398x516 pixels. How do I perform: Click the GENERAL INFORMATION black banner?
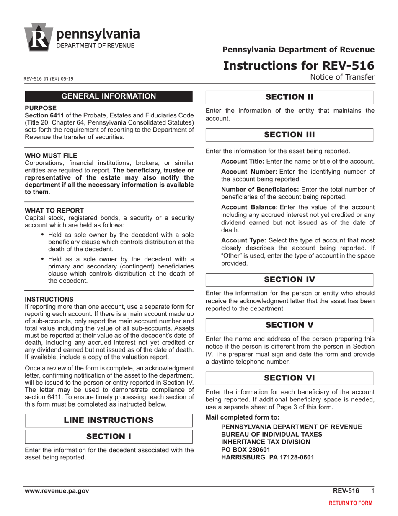click(x=109, y=96)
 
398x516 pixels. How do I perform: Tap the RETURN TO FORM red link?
click(x=350, y=503)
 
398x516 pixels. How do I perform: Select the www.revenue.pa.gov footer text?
click(x=57, y=491)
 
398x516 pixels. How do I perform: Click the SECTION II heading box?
click(x=289, y=97)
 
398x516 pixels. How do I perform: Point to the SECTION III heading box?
click(x=289, y=135)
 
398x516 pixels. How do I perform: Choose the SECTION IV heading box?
click(x=289, y=280)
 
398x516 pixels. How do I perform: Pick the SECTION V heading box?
click(x=289, y=325)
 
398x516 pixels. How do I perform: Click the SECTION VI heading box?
click(x=289, y=378)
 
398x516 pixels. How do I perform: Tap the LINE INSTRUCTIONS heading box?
click(x=109, y=420)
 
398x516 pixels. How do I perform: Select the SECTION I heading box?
click(x=109, y=437)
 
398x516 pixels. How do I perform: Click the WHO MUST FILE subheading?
click(x=51, y=156)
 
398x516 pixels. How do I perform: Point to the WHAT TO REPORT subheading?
click(x=54, y=211)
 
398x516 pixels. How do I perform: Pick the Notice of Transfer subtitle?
click(x=342, y=77)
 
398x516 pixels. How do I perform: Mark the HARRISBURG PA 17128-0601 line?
click(x=267, y=457)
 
